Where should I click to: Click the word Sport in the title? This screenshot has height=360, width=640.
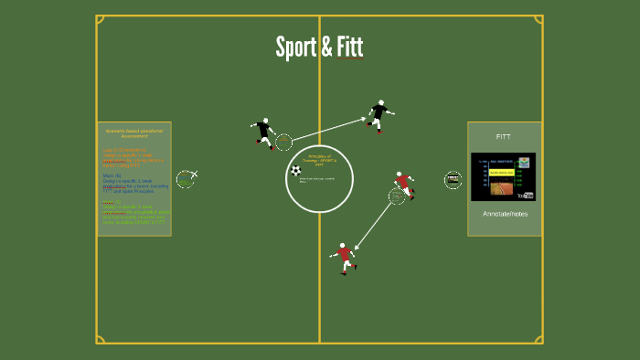(294, 48)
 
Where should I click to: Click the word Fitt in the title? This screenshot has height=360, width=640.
(348, 48)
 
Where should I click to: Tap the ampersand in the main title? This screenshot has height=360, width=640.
(325, 48)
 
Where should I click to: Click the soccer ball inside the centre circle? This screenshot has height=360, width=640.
(295, 170)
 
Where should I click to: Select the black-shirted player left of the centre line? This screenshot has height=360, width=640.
(264, 133)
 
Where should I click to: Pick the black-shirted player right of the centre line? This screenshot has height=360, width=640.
(379, 115)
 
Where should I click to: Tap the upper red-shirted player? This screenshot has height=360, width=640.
(403, 184)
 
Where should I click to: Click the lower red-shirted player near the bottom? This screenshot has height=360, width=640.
(345, 257)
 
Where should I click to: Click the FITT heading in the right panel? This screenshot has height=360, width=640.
(504, 136)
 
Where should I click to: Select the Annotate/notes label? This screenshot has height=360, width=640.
(505, 214)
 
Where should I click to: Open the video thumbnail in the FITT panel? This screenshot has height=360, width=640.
(503, 176)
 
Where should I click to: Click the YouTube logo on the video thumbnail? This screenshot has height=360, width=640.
(525, 195)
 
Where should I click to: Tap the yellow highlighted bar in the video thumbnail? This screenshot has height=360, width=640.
(501, 172)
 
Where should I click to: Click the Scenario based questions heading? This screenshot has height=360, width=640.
(134, 133)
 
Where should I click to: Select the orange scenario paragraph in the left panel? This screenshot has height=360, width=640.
(133, 157)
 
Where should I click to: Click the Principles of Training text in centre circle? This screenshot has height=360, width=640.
(319, 160)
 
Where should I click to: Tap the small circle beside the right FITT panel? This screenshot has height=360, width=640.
(453, 180)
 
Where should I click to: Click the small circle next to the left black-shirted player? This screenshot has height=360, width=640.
(283, 143)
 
